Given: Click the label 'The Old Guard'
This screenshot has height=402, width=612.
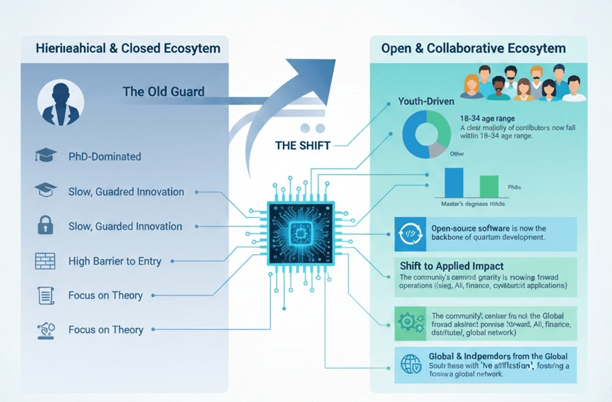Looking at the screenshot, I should click(164, 91).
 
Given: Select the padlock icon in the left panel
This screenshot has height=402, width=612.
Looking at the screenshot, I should click(44, 225).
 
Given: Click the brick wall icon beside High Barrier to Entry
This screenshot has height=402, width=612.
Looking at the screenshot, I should click(44, 261).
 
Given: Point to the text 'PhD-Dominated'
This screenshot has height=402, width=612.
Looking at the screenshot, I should click(104, 157).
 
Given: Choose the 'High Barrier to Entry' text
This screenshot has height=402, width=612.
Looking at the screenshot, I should click(115, 261).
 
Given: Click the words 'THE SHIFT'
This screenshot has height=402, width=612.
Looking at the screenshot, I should click(302, 145).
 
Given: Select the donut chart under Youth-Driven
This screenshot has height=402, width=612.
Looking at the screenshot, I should click(426, 133).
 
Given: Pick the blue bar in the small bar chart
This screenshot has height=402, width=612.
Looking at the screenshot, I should click(454, 182).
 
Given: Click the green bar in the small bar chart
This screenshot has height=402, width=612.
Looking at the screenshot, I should click(488, 186).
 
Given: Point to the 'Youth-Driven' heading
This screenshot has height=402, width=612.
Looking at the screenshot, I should click(426, 101).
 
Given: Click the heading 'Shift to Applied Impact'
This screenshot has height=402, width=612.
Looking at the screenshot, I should click(451, 266).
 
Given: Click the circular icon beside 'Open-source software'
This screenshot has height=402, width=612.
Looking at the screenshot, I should click(408, 233).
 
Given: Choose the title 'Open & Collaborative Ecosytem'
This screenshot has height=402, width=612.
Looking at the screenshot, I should click(473, 48).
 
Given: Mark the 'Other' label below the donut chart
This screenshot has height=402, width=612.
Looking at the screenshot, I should click(457, 154).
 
